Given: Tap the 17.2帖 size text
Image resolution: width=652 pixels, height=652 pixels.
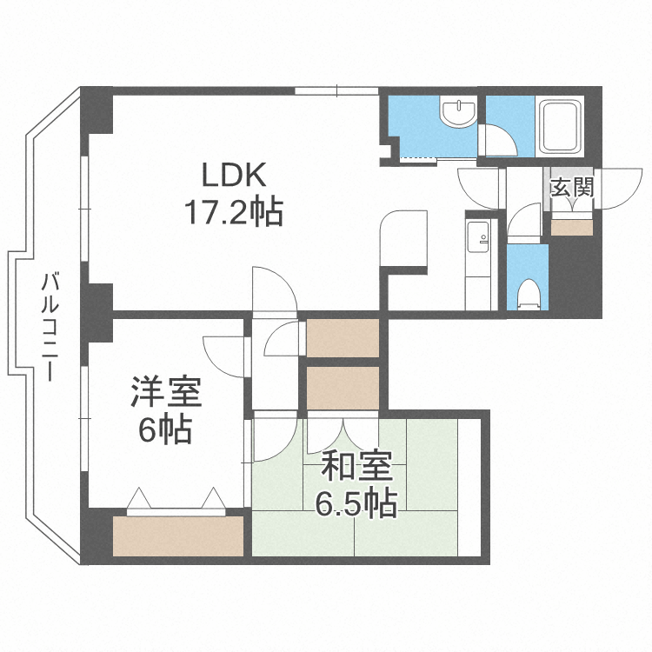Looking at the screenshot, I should [232, 212].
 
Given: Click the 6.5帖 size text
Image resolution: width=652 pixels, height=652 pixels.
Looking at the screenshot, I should [356, 503].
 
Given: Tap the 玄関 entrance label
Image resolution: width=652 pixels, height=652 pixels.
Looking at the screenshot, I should [572, 185].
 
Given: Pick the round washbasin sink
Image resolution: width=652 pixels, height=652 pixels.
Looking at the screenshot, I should [457, 113].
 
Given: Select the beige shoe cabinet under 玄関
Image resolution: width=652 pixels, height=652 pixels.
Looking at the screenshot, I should [572, 227].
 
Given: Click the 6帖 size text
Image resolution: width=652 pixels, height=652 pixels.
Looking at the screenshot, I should [166, 429].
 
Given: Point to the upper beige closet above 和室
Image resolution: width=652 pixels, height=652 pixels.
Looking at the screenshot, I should [343, 338].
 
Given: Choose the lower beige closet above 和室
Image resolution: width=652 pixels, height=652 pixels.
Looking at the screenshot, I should [343, 388].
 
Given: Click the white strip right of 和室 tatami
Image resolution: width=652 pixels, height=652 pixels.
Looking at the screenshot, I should [469, 487].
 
